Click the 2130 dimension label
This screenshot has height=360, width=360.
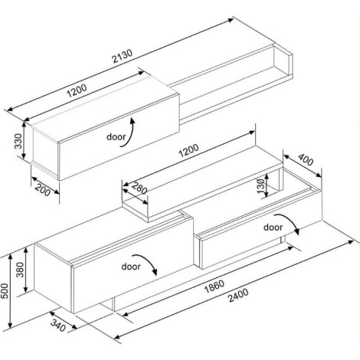pyautogui.click(x=123, y=57)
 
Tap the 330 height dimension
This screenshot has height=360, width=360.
pyautogui.click(x=18, y=141)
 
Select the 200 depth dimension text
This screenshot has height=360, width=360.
pyautogui.click(x=43, y=190)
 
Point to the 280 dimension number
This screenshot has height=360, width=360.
pyautogui.click(x=139, y=188)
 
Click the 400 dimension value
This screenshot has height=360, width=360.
pyautogui.click(x=306, y=159)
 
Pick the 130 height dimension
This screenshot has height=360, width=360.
pyautogui.click(x=260, y=186)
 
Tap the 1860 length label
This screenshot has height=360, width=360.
pyautogui.click(x=214, y=286)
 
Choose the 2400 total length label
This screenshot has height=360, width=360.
pyautogui.click(x=238, y=295)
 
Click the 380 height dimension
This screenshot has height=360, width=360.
pyautogui.click(x=20, y=270)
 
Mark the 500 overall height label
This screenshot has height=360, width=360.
pyautogui.click(x=5, y=291)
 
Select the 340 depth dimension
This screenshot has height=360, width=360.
pyautogui.click(x=58, y=326)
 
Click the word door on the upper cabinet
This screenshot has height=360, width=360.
pyautogui.click(x=116, y=137)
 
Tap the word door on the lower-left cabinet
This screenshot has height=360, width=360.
pyautogui.click(x=131, y=267)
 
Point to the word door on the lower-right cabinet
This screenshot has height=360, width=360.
pyautogui.click(x=273, y=227)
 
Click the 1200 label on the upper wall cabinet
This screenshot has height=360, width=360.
pyautogui.click(x=77, y=91)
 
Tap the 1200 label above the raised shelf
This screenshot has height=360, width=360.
pyautogui.click(x=188, y=151)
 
